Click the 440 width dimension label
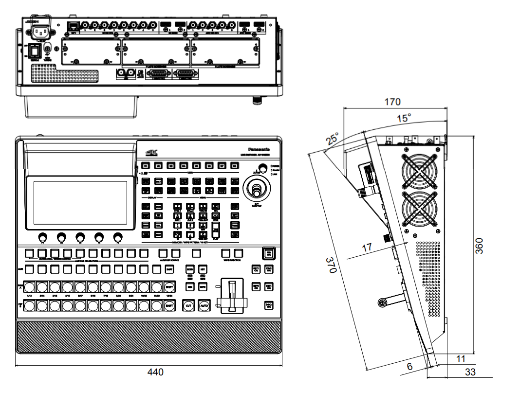(x=156, y=372)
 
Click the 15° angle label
(x=404, y=118)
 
